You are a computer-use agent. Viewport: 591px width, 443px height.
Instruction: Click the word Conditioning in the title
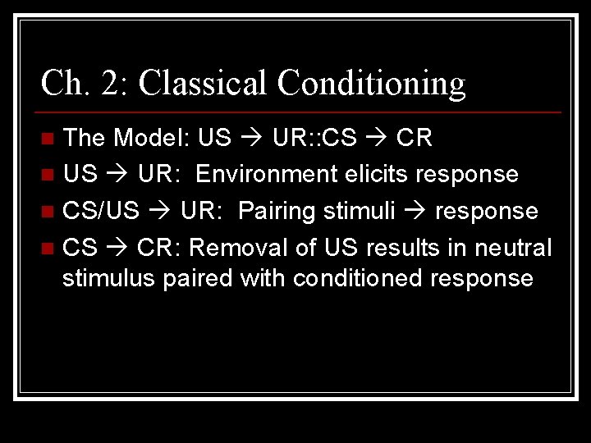pyautogui.click(x=371, y=83)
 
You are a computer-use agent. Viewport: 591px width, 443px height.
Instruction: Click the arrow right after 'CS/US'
pyautogui.click(x=159, y=212)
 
